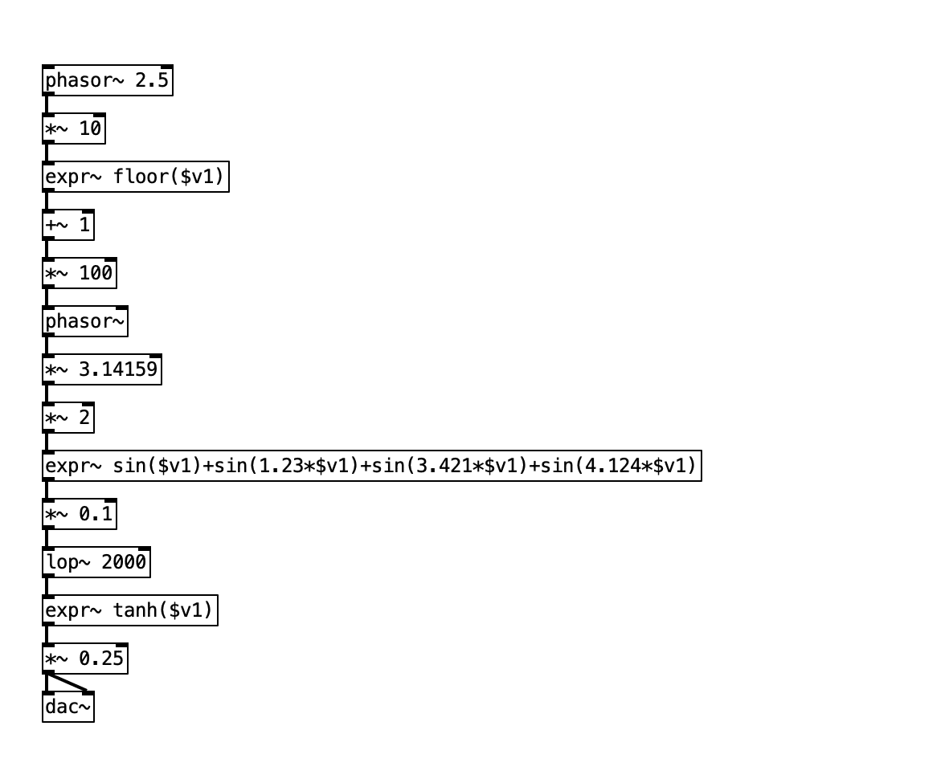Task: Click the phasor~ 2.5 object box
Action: pos(107,81)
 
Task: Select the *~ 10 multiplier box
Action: pos(73,129)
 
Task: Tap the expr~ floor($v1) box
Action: pos(135,177)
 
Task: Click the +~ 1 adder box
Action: pos(67,226)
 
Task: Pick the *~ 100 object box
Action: pos(79,274)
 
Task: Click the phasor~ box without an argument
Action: pos(84,322)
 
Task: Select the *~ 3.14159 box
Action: pos(101,370)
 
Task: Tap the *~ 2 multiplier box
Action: pos(67,418)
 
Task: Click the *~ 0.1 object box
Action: pos(79,515)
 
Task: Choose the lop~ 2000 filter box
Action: pos(96,563)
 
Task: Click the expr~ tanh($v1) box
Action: pos(129,611)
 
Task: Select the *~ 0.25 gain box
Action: pos(84,659)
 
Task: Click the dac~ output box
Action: pos(67,708)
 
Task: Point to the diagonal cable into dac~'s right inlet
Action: pos(67,683)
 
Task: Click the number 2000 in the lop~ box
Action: pos(124,563)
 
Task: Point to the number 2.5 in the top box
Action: pos(152,81)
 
